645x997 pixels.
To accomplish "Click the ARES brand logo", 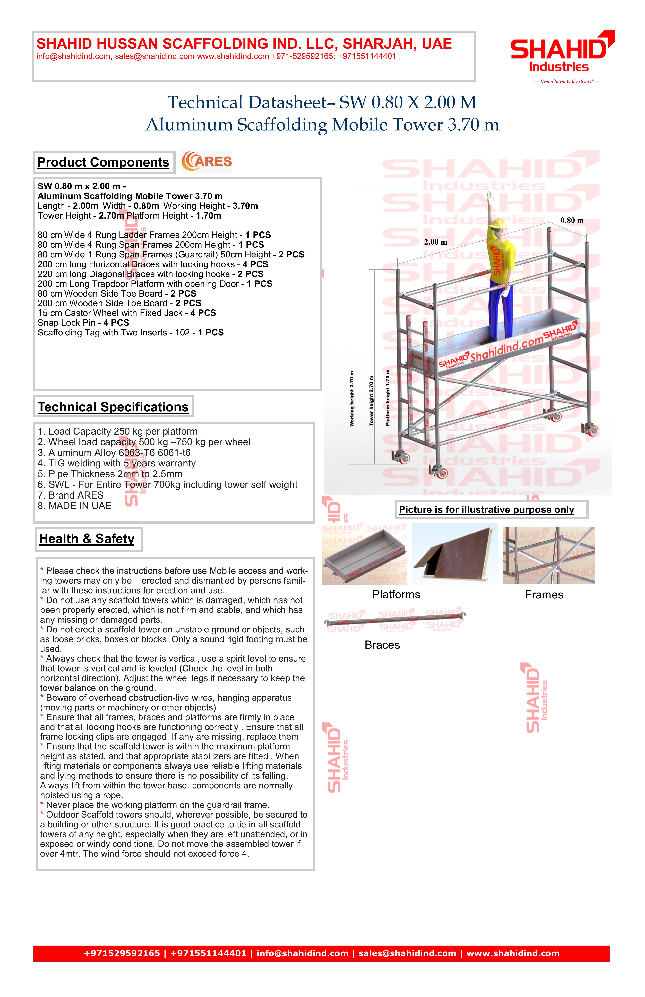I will (x=206, y=162).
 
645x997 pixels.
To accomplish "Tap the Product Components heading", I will (x=103, y=162).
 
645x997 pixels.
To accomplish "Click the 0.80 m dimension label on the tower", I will (x=572, y=220).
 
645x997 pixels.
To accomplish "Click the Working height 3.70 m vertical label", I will (x=352, y=399).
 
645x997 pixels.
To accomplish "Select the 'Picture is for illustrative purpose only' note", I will (x=486, y=510).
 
